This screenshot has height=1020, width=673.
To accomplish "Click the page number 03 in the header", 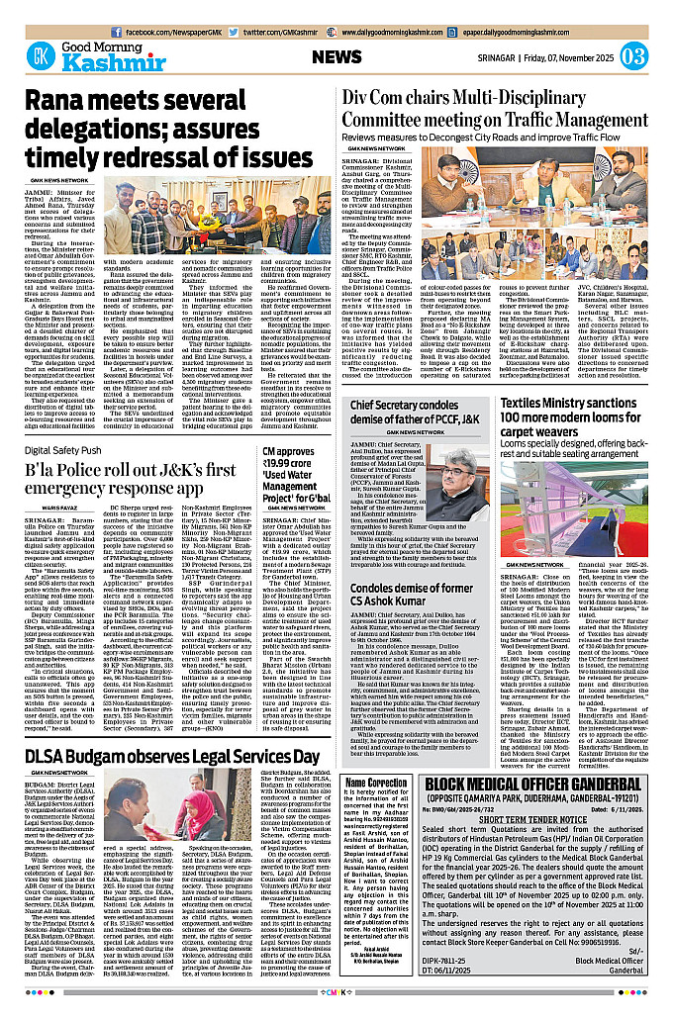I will (x=634, y=55).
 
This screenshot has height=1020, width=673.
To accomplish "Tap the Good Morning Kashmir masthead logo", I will (x=75, y=54).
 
